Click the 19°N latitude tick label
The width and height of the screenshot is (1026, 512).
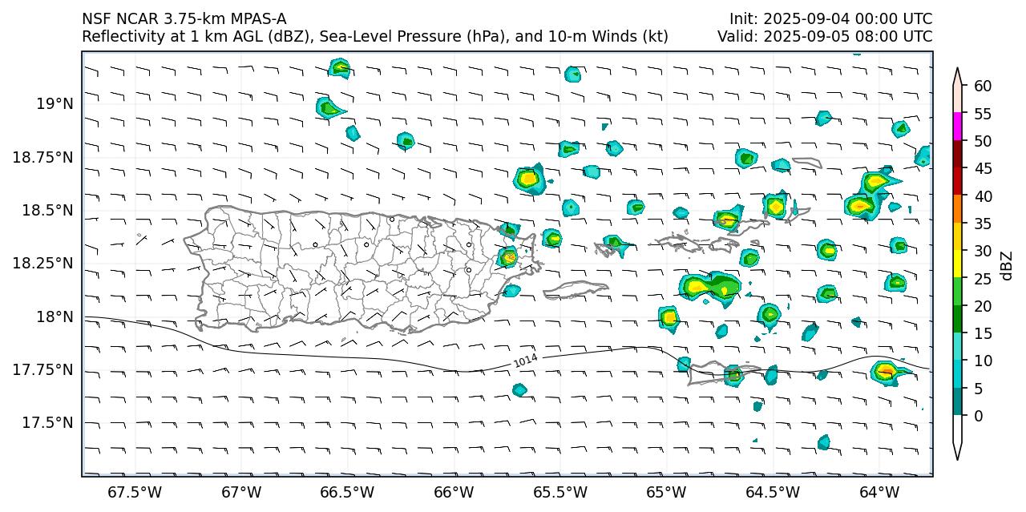(55, 103)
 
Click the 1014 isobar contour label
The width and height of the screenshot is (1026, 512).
(525, 361)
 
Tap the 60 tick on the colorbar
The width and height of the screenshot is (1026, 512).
(983, 87)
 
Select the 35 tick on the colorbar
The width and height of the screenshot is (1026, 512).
(983, 224)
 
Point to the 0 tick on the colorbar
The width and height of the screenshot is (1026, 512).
(979, 416)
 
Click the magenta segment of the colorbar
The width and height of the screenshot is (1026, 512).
(957, 127)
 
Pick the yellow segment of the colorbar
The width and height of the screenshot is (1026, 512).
(957, 264)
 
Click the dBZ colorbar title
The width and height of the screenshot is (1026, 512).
(1007, 265)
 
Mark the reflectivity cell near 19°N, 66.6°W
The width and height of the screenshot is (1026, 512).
(328, 107)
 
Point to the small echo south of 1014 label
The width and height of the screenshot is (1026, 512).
(519, 390)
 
